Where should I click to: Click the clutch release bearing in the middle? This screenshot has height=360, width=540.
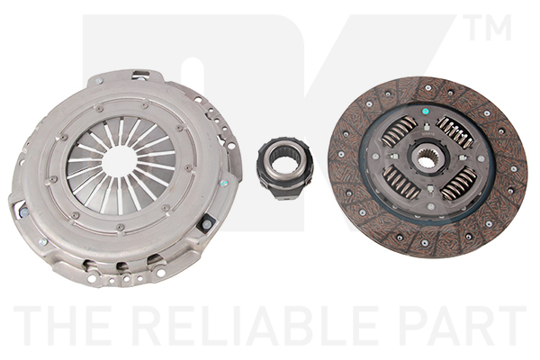coord(284,169)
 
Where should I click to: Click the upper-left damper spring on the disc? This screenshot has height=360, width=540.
coord(399,131)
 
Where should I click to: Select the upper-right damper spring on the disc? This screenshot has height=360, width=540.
coord(455,132)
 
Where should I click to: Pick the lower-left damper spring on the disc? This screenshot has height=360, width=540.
coord(400,183)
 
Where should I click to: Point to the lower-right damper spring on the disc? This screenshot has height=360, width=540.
coord(459,183)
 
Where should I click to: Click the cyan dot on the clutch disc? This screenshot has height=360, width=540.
coord(426,112)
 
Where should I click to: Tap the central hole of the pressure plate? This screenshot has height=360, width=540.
coord(120,161)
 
